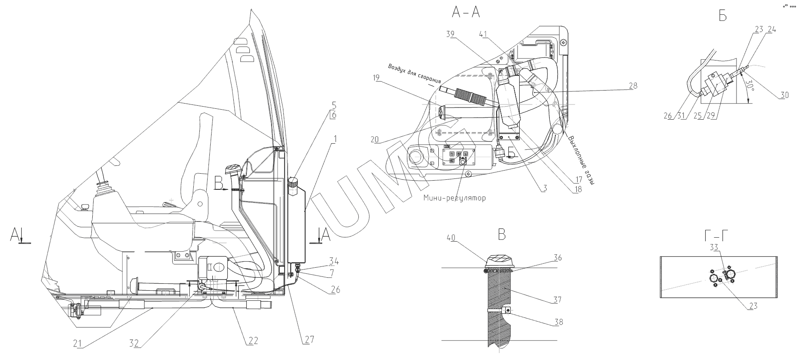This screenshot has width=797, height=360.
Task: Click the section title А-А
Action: click(x=466, y=13)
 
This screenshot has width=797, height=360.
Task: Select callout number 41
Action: click(x=483, y=34)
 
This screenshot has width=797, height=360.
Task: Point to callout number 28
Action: click(x=632, y=86)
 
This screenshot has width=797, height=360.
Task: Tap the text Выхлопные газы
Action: click(x=581, y=159)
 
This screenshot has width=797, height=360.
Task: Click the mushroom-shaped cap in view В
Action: click(x=500, y=261)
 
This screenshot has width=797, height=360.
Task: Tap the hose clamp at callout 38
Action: click(x=506, y=311)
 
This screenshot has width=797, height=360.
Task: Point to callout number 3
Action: click(x=545, y=188)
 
